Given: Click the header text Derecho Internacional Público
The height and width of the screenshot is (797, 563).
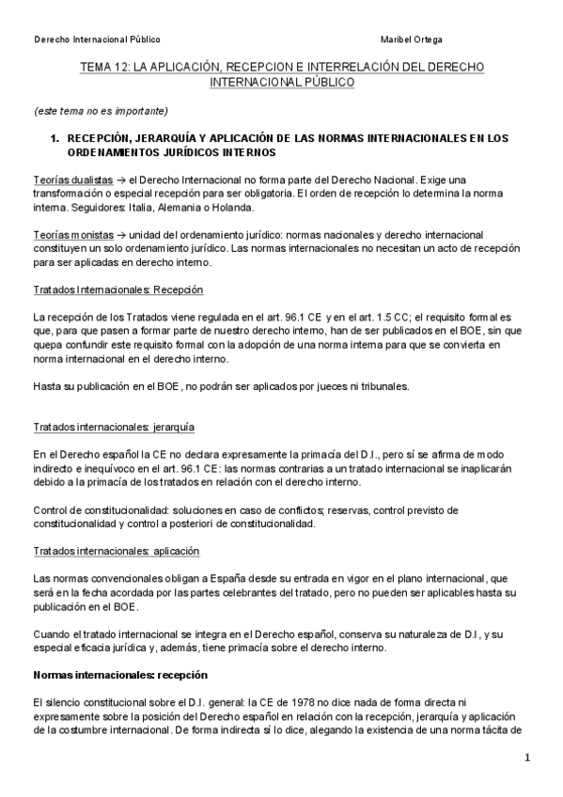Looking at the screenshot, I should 97,39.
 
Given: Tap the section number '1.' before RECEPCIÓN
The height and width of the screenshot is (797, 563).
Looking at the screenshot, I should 55,138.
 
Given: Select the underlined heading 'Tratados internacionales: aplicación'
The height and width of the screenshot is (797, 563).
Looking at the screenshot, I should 116,550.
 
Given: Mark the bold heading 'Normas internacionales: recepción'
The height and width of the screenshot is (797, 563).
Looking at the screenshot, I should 119,675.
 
